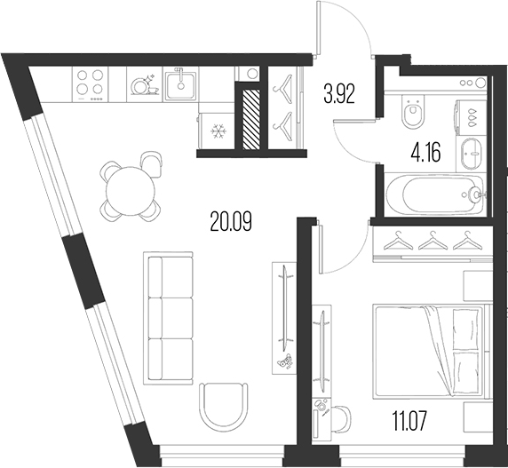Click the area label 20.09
point(231,221)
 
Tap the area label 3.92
point(340,93)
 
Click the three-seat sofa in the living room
point(169,310)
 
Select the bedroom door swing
point(345,249)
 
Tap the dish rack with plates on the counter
point(143,85)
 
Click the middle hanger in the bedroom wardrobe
point(433,240)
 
